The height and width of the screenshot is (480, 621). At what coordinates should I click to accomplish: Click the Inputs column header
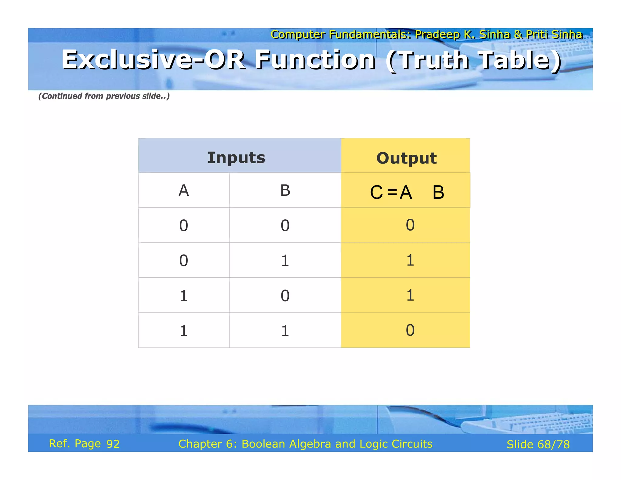tap(236, 157)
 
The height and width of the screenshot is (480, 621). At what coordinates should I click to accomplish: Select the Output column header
tap(406, 158)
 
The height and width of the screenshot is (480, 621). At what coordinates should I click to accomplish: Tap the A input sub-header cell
tap(184, 191)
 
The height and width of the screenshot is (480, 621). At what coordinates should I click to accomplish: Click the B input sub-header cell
tap(285, 191)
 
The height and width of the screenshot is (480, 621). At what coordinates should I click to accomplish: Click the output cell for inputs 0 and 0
tap(410, 225)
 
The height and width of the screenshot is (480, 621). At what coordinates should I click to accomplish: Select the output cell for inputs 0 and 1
tap(410, 260)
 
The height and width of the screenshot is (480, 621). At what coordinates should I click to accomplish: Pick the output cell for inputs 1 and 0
tap(410, 295)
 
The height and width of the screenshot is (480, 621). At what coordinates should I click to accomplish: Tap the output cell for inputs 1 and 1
tap(410, 330)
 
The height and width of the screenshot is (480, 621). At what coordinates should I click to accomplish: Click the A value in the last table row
tap(184, 330)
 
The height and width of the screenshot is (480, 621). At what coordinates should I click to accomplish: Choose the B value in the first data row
tap(285, 225)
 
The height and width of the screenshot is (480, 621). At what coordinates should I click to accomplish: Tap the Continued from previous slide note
tap(104, 96)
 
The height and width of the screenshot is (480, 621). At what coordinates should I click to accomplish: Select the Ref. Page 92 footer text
tap(84, 444)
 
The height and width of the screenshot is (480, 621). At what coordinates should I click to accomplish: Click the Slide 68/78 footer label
tap(538, 444)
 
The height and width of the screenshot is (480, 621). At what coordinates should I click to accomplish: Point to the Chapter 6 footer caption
tap(305, 444)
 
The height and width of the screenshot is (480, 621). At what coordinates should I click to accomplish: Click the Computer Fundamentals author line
tap(426, 34)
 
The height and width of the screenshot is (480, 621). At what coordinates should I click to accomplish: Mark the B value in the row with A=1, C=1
tap(285, 296)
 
